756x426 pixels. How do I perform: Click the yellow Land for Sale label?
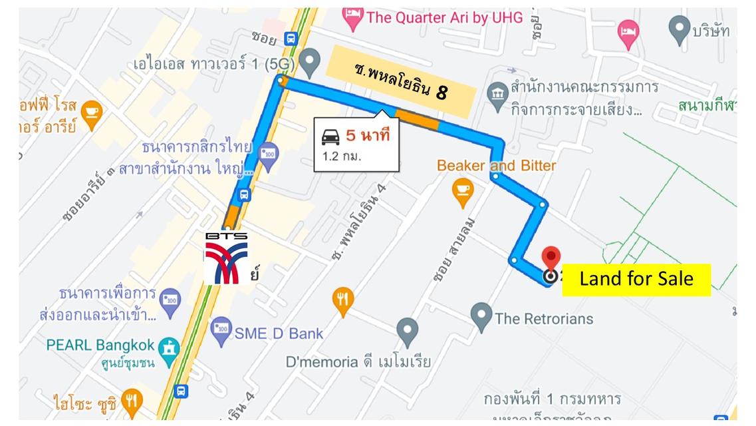[x=636, y=279]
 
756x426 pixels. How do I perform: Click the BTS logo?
[x=227, y=257]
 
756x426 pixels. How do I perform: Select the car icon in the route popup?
[x=330, y=136]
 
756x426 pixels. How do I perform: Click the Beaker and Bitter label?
[x=496, y=165]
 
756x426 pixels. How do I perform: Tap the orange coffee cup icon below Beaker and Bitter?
[x=463, y=190]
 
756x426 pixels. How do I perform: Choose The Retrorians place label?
[x=544, y=318]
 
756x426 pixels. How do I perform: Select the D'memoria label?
[x=358, y=362]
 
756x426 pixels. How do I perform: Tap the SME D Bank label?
[x=279, y=333]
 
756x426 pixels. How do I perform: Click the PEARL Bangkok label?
[x=100, y=345]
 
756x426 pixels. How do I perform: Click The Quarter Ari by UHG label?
[x=444, y=17]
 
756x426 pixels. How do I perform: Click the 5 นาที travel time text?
[x=367, y=136]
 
